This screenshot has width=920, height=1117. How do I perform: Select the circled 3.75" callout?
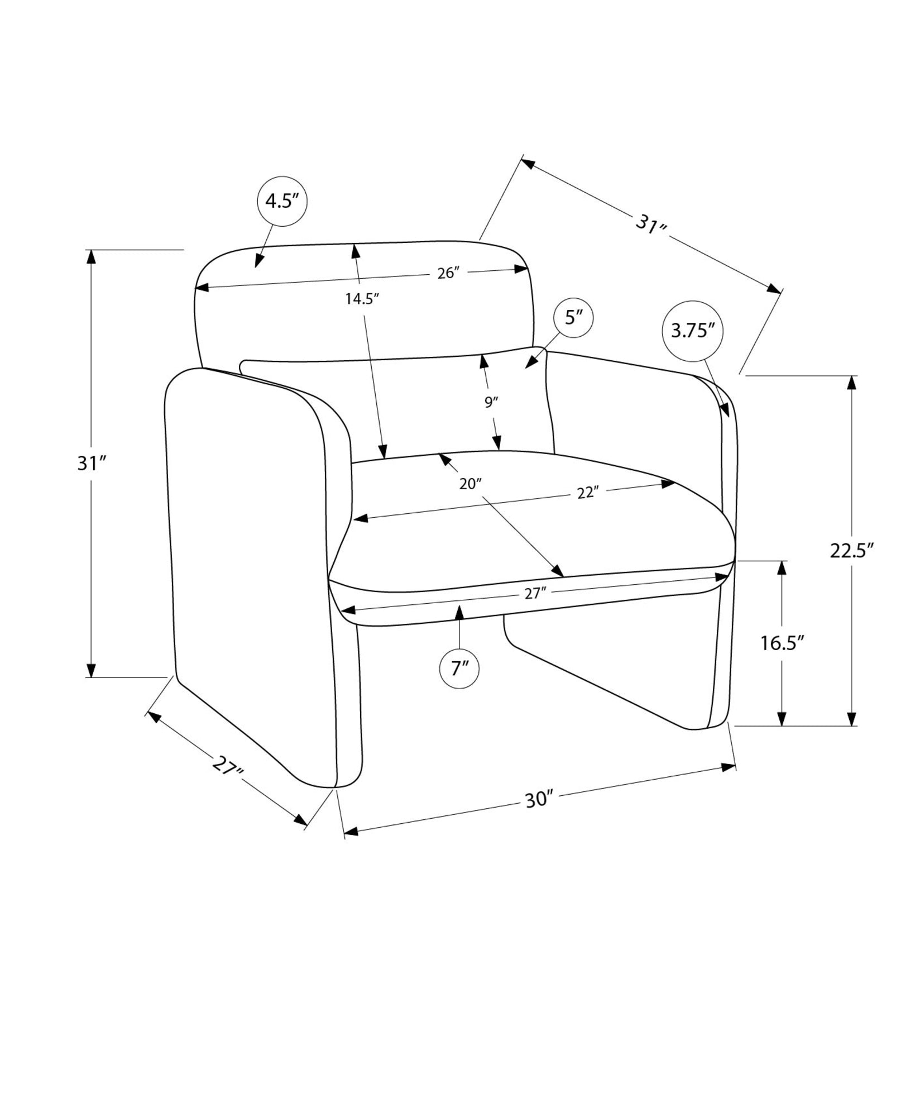pyautogui.click(x=693, y=332)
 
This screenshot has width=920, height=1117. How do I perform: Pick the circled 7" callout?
pyautogui.click(x=459, y=668)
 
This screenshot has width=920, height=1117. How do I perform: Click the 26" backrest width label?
pyautogui.click(x=449, y=273)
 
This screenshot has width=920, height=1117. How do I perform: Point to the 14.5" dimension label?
pyautogui.click(x=362, y=299)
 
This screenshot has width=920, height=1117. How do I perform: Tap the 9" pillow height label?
pyautogui.click(x=491, y=402)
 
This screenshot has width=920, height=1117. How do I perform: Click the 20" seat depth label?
pyautogui.click(x=470, y=484)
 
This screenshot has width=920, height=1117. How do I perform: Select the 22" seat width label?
pyautogui.click(x=588, y=493)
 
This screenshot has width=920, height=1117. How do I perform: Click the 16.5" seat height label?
pyautogui.click(x=782, y=643)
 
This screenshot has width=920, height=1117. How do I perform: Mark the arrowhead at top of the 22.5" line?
pyautogui.click(x=851, y=384)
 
